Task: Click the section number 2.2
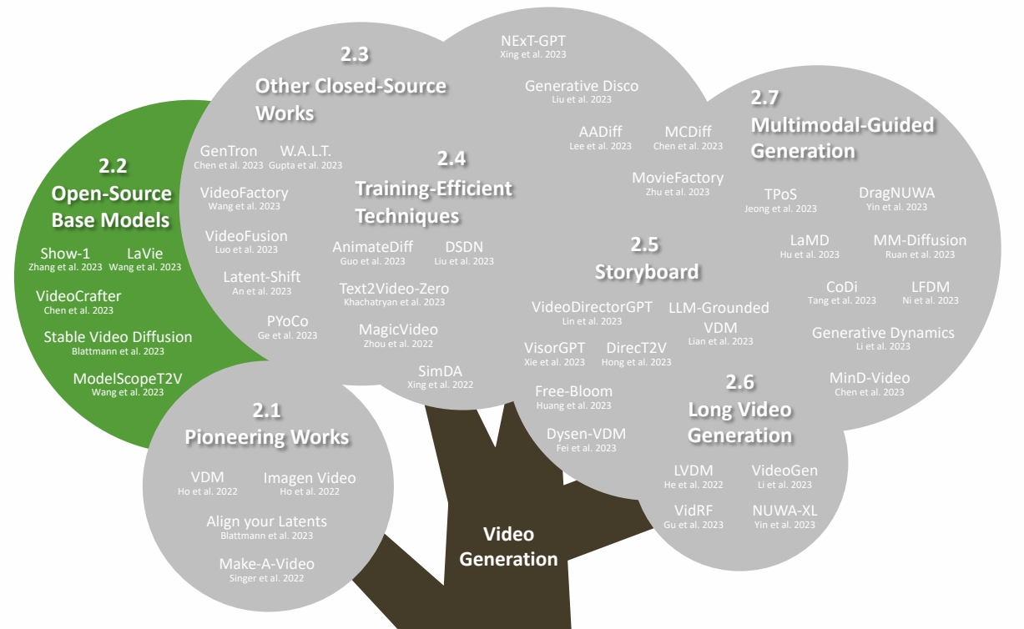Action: [113, 165]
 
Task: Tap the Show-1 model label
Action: [65, 254]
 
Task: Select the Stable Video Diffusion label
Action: [118, 337]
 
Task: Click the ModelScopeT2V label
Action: [128, 379]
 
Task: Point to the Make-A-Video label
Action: [267, 564]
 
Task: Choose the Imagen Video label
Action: [310, 478]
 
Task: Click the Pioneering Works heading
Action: [267, 436]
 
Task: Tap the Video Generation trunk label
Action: [508, 546]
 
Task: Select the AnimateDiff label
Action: [369, 247]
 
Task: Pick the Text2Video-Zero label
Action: [394, 289]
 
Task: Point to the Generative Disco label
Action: [582, 86]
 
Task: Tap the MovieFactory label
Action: [678, 178]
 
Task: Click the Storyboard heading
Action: [647, 271]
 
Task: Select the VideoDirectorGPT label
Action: [593, 308]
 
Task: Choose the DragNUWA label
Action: [896, 193]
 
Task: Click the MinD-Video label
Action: [870, 378]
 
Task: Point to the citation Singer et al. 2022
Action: [267, 578]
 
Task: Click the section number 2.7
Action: [764, 98]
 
